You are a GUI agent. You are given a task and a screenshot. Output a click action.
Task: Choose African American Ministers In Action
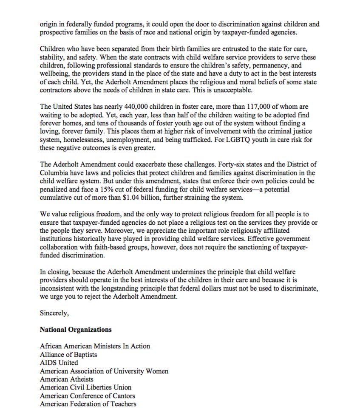click(x=95, y=346)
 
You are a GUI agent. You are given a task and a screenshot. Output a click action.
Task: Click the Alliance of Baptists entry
click(x=68, y=354)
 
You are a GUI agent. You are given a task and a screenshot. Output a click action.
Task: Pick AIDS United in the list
click(x=59, y=362)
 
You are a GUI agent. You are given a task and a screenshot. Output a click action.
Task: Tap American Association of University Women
click(x=104, y=371)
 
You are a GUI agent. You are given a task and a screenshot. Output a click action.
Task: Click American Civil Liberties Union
click(x=85, y=387)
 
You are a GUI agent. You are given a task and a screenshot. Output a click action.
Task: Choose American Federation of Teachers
click(x=88, y=404)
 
